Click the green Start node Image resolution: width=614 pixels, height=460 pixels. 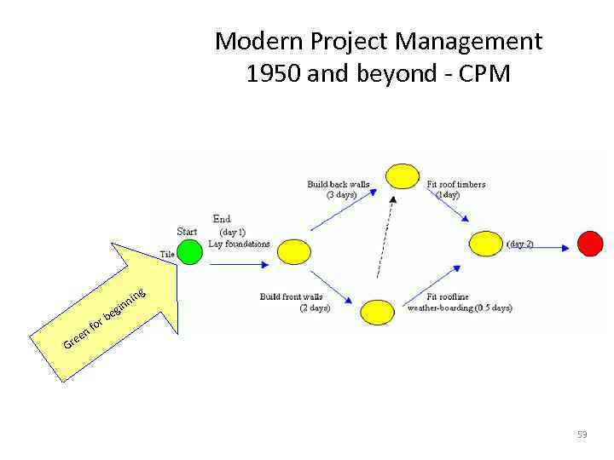(189, 252)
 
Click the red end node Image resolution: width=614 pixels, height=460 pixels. (590, 244)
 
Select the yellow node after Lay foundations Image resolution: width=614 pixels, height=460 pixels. (294, 251)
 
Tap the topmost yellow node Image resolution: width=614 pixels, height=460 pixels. (402, 176)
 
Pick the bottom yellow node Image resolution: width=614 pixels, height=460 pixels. (377, 312)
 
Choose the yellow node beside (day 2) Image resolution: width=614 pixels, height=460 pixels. (486, 244)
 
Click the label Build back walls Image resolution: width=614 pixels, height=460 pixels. (339, 184)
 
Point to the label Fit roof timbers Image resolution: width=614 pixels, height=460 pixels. (456, 184)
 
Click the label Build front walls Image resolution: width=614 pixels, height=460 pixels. (292, 296)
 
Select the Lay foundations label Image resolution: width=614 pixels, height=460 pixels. (239, 244)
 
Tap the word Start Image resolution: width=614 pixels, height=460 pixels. (187, 231)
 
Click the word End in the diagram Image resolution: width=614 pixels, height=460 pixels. (222, 219)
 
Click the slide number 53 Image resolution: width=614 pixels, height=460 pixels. (582, 434)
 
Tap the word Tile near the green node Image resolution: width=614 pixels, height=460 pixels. (167, 254)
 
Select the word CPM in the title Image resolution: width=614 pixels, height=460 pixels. (484, 74)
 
